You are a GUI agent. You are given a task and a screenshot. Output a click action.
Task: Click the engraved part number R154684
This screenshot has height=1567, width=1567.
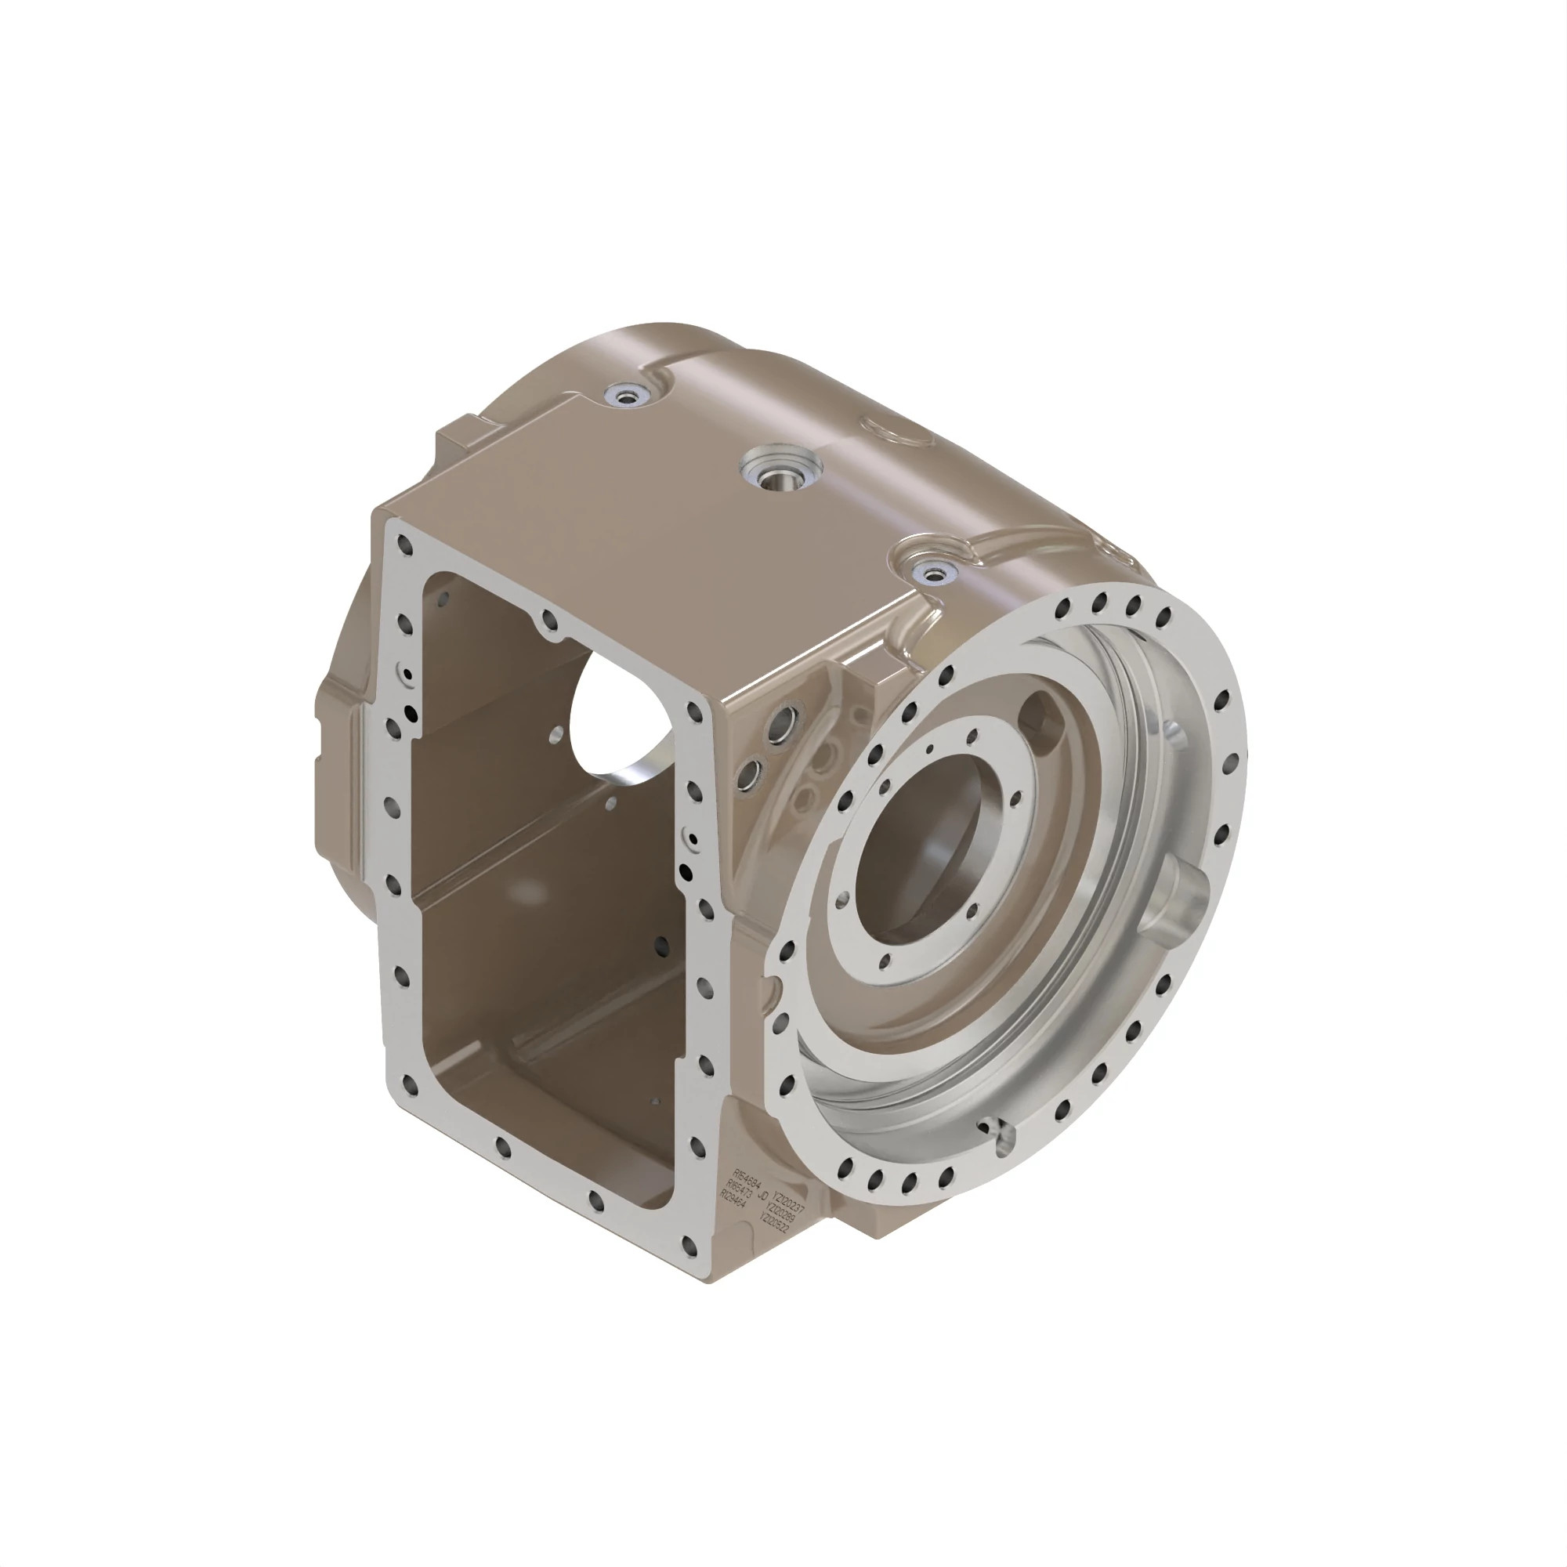747,1179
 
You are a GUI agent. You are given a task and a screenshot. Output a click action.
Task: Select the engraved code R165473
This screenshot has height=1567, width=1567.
739,1189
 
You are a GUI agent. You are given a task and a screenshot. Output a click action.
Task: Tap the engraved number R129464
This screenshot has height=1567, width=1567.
733,1198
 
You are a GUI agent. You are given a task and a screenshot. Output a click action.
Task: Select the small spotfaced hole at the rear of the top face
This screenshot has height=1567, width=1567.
628,395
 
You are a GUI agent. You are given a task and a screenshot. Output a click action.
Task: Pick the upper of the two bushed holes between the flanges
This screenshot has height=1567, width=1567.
784,718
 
